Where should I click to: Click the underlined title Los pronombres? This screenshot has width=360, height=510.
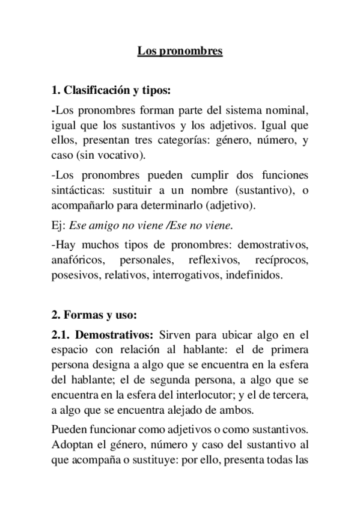pos(180,52)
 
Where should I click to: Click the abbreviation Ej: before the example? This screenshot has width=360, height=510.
pos(59,226)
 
